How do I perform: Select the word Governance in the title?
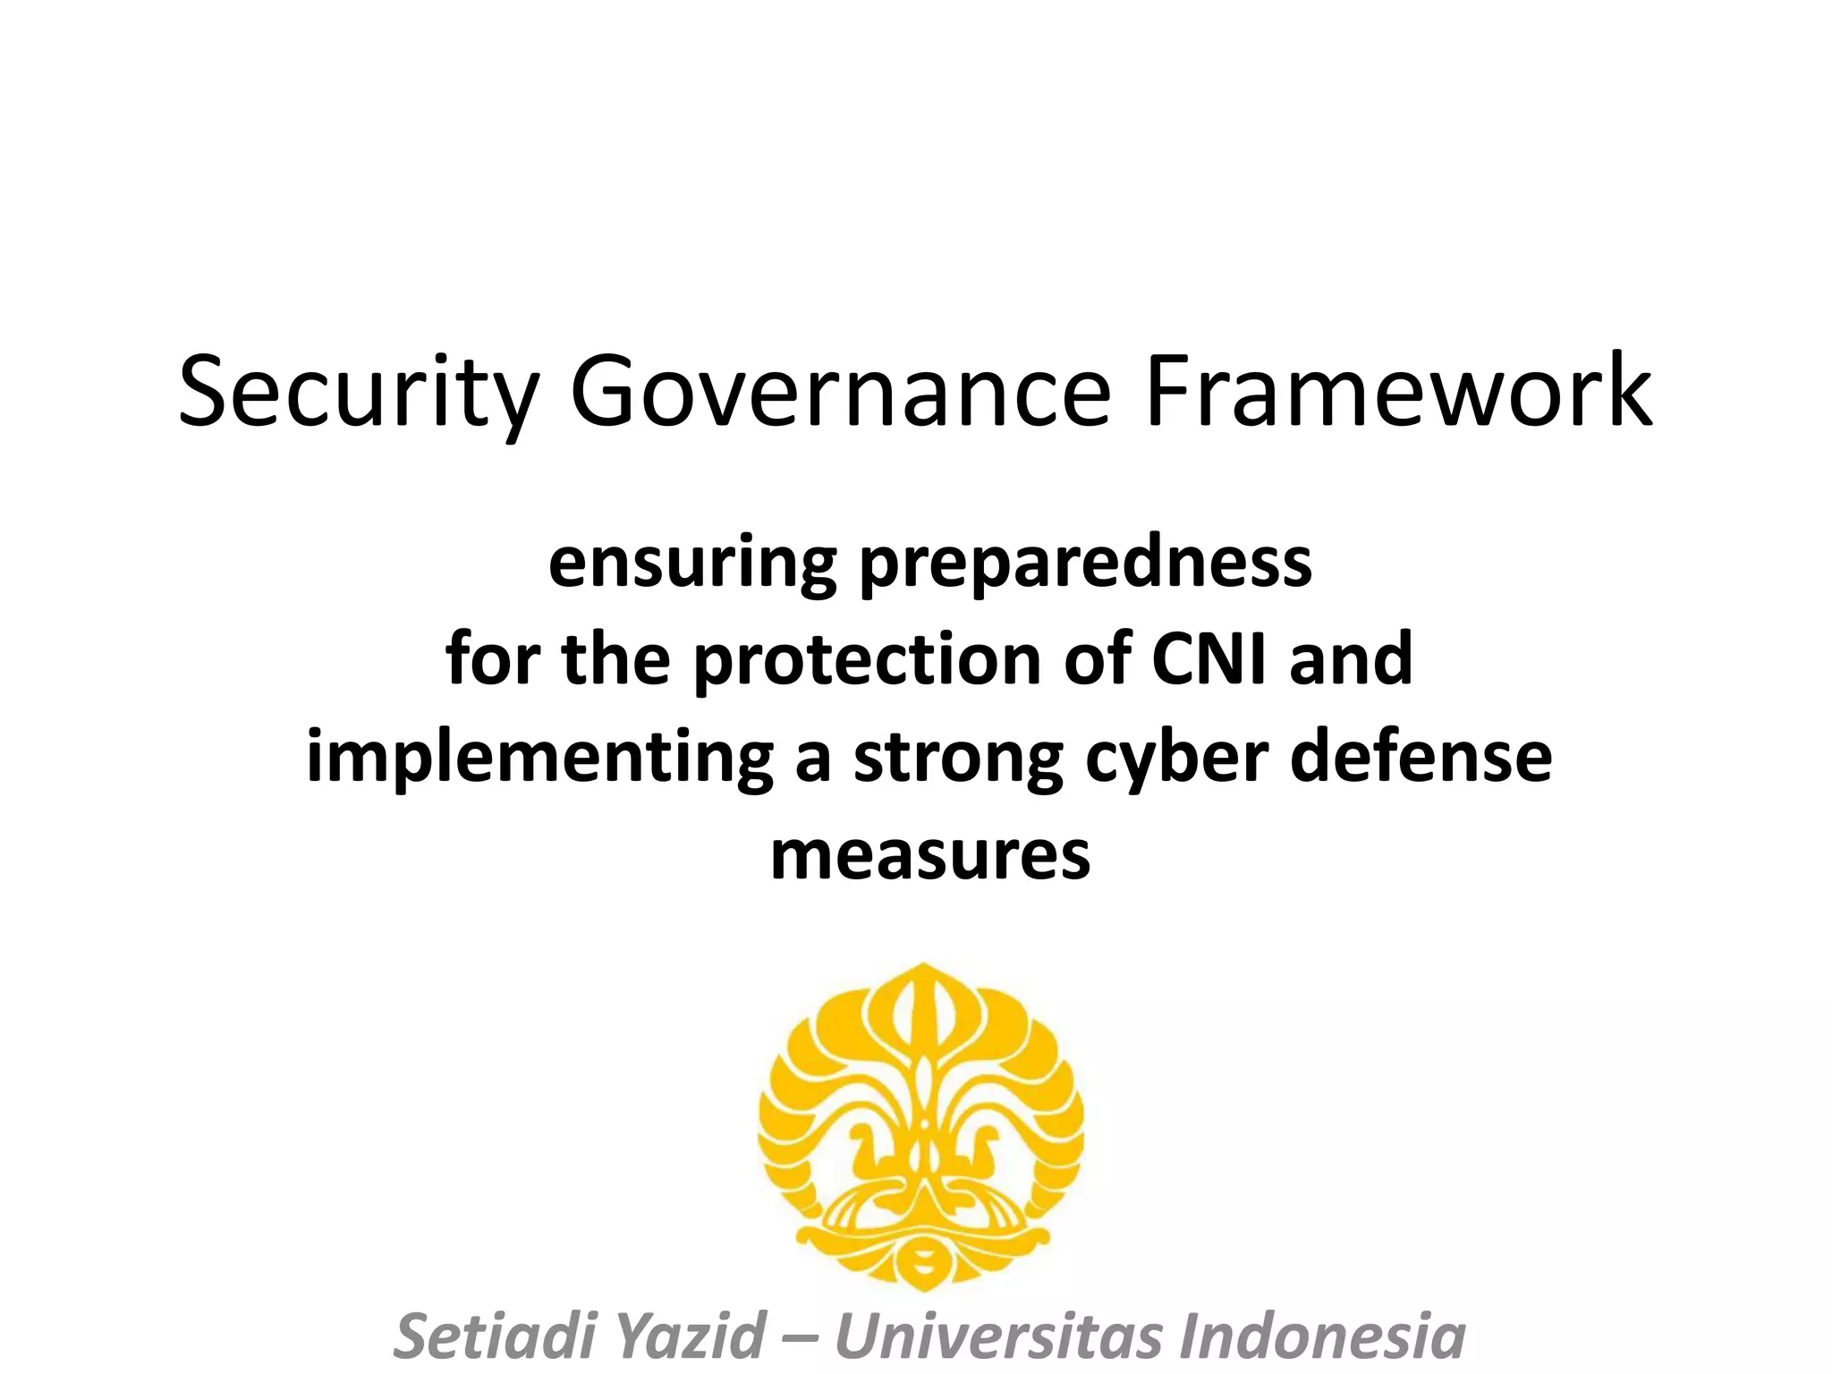840,392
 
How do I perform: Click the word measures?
930,855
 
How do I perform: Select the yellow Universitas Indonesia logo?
921,1127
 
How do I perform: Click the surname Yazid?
693,1336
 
